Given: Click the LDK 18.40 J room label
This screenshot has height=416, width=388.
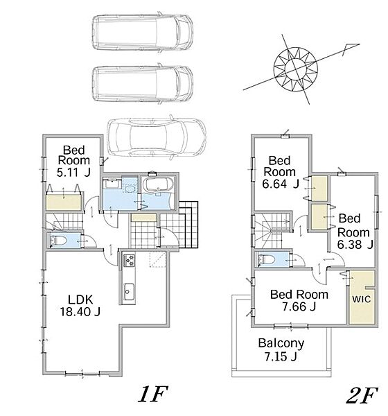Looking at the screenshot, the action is pyautogui.click(x=80, y=306).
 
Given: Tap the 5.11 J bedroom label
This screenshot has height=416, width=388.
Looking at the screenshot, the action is pyautogui.click(x=73, y=161).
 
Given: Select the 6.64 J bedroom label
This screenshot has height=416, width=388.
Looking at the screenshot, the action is pyautogui.click(x=280, y=172).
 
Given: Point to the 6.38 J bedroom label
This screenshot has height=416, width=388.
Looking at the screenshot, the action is pyautogui.click(x=355, y=232).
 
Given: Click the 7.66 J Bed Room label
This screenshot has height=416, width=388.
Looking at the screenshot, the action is pyautogui.click(x=299, y=300).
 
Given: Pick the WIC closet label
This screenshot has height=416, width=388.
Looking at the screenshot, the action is pyautogui.click(x=361, y=299).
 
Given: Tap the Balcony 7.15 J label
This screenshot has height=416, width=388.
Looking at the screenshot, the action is pyautogui.click(x=281, y=349).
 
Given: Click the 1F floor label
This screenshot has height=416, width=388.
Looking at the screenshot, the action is pyautogui.click(x=153, y=394).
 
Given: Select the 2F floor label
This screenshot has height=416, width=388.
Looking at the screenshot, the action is pyautogui.click(x=362, y=395).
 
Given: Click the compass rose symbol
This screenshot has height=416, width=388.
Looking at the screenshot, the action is pyautogui.click(x=295, y=69).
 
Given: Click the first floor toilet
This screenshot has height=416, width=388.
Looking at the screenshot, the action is pyautogui.click(x=58, y=241).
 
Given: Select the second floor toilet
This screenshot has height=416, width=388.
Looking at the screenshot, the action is pyautogui.click(x=266, y=259).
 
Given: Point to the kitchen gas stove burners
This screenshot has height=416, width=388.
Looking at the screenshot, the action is pyautogui.click(x=129, y=260).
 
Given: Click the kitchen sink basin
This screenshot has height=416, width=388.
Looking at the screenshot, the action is pyautogui.click(x=129, y=292).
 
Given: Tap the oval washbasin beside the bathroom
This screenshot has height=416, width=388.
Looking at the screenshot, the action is pyautogui.click(x=130, y=189).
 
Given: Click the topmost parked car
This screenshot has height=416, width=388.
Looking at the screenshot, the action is pyautogui.click(x=143, y=32).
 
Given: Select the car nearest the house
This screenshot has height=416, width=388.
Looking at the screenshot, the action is pyautogui.click(x=157, y=137).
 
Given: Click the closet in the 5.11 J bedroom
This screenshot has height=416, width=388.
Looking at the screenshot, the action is pyautogui.click(x=64, y=202).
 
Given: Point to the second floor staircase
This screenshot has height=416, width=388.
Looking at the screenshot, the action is pyautogui.click(x=272, y=229).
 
